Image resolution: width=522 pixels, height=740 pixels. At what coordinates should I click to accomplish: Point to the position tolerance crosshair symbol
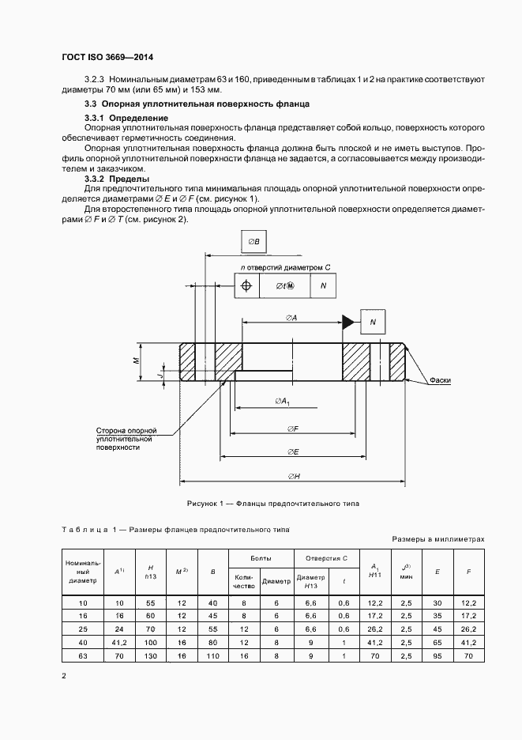click(246, 286)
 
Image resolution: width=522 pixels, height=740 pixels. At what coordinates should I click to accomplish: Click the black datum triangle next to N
click(347, 321)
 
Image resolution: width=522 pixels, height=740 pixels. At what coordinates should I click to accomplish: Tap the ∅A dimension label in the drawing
click(291, 317)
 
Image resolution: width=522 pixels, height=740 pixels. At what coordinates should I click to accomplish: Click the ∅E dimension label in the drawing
click(292, 451)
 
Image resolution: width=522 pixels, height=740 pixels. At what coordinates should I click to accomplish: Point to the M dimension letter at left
click(136, 360)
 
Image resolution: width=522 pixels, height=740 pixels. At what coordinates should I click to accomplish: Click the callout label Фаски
click(441, 380)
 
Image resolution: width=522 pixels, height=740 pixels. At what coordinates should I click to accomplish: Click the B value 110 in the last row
click(212, 656)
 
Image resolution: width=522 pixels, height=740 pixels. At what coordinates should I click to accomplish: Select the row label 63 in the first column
click(83, 656)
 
